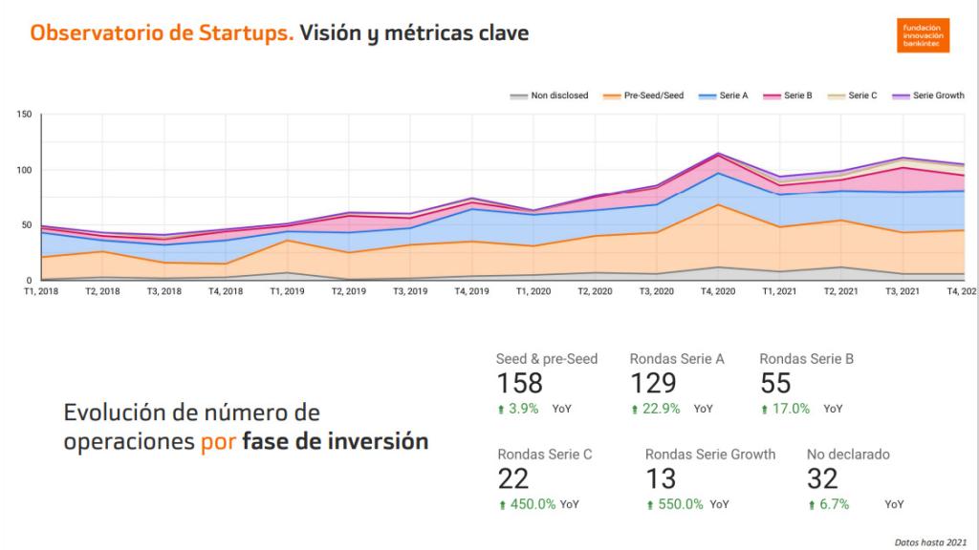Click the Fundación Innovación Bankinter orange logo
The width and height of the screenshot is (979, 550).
923,34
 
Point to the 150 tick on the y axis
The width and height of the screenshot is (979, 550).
25,115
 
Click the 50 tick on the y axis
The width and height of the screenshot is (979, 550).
28,225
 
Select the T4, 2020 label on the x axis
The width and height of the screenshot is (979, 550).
717,291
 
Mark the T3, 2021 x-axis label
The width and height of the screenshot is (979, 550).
903,291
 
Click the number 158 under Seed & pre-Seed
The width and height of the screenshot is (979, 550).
519,383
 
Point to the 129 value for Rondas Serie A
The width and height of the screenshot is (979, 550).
653,383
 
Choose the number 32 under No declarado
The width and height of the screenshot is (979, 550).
822,478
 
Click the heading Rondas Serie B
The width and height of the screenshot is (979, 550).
806,359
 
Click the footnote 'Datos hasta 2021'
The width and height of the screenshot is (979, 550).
930,541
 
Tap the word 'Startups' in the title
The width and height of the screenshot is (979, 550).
243,33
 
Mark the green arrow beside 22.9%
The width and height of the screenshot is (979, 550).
634,410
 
